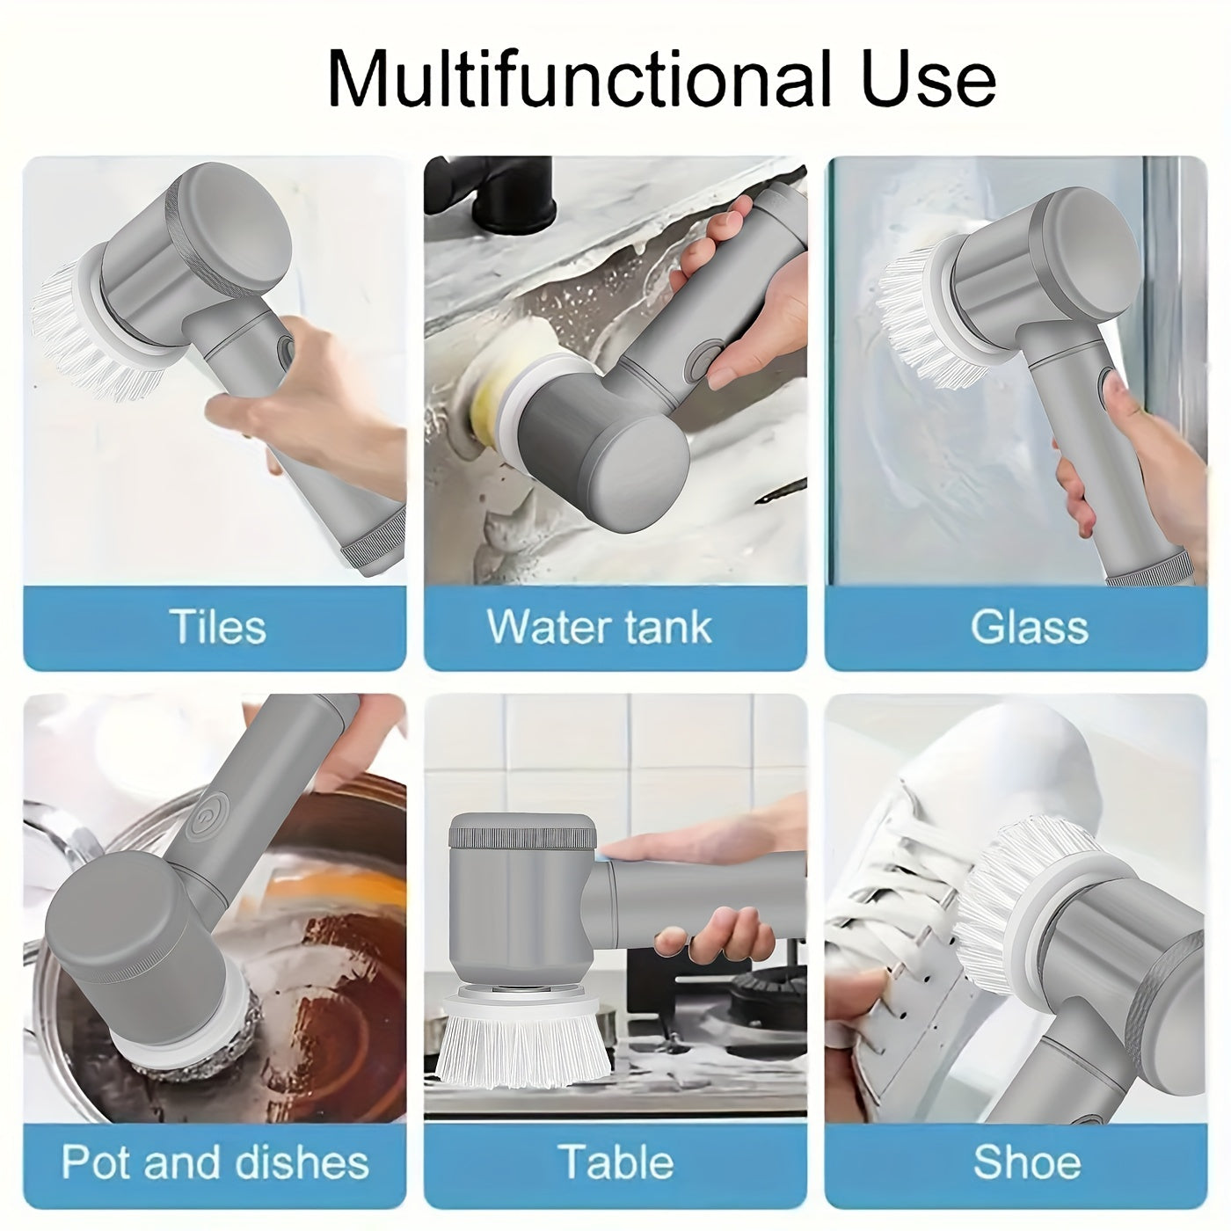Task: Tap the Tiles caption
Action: pos(218,626)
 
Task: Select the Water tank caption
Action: pos(599,627)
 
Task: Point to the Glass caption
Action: pos(1029,627)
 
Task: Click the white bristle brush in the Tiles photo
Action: pos(96,332)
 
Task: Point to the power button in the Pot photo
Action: pos(206,817)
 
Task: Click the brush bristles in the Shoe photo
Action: pos(1022,894)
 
